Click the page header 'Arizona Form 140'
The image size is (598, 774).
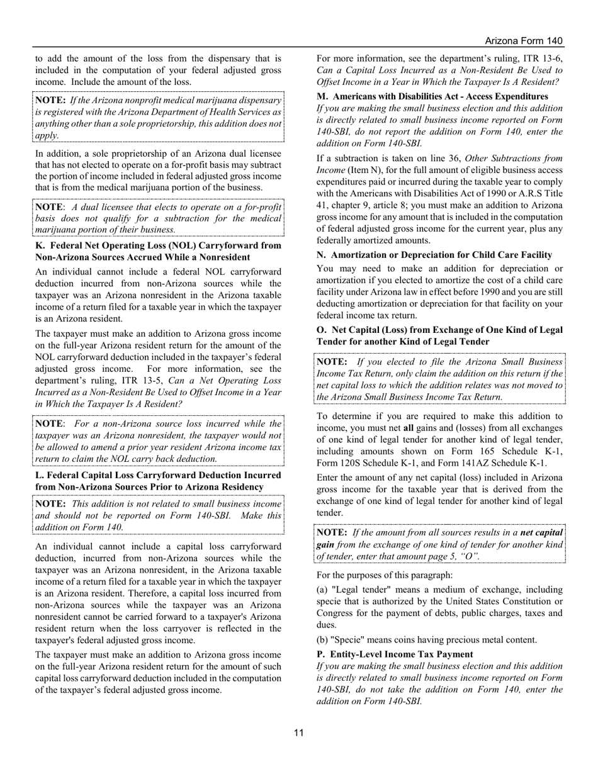(x=524, y=41)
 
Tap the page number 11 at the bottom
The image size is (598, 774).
(x=298, y=732)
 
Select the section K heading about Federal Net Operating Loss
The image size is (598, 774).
(x=158, y=251)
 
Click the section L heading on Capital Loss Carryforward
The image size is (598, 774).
(x=158, y=481)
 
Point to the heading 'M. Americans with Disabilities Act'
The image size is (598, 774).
(x=432, y=96)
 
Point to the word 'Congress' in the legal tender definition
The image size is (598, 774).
(x=337, y=613)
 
